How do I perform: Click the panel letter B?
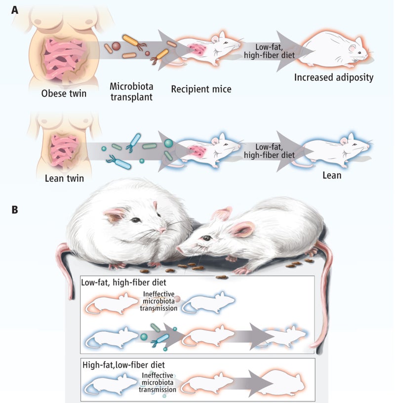15,209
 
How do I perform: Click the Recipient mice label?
201,89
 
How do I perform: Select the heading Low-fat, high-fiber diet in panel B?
123,283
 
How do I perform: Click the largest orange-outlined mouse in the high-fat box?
286,383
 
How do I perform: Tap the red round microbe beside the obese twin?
116,47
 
